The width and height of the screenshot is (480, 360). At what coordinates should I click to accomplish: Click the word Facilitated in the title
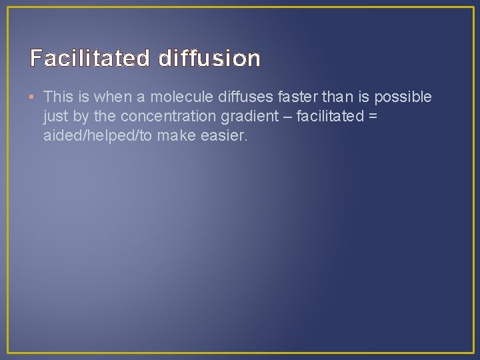click(91, 59)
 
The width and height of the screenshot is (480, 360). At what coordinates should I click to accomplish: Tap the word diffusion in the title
click(209, 59)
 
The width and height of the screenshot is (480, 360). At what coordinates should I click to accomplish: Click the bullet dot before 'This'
click(33, 97)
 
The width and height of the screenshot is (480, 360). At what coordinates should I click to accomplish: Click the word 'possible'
click(403, 97)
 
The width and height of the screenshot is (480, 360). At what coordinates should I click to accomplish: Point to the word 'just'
click(55, 117)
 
